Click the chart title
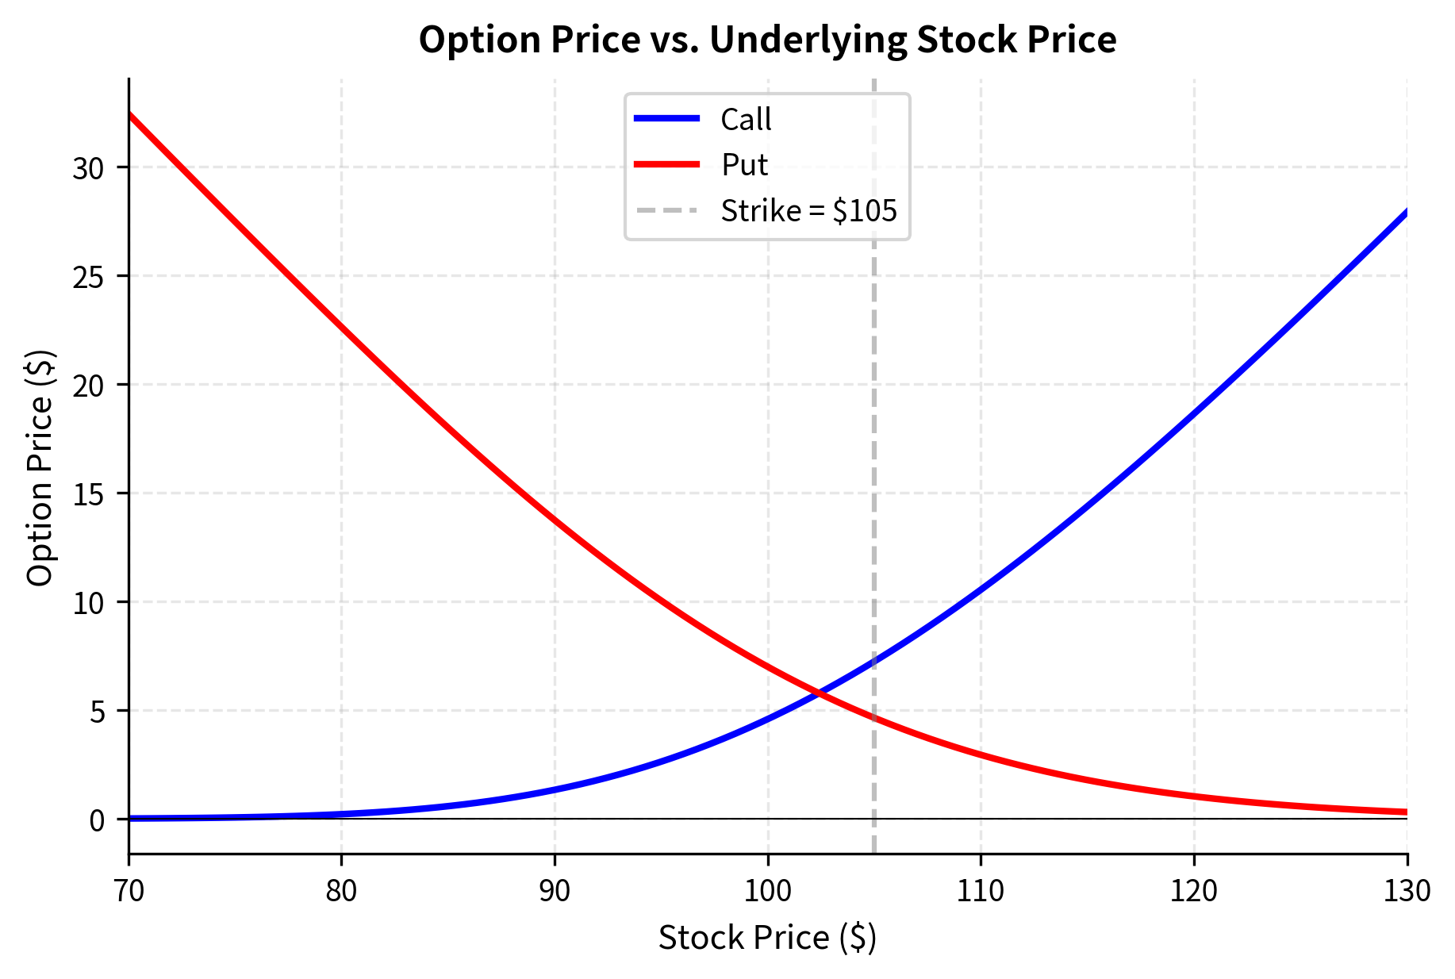click(767, 40)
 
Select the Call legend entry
click(745, 119)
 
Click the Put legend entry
click(743, 165)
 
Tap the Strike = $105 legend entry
click(808, 211)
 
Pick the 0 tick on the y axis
click(97, 820)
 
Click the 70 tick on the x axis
click(129, 891)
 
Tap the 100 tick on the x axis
click(768, 891)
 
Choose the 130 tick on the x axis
click(1407, 891)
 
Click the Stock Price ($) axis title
click(767, 938)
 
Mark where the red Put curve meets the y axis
click(129, 114)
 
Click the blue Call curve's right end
click(1406, 212)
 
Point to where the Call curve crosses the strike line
click(874, 661)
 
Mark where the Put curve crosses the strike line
click(874, 719)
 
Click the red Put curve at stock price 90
click(555, 520)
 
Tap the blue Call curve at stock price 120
click(1194, 413)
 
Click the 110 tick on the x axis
click(981, 891)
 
